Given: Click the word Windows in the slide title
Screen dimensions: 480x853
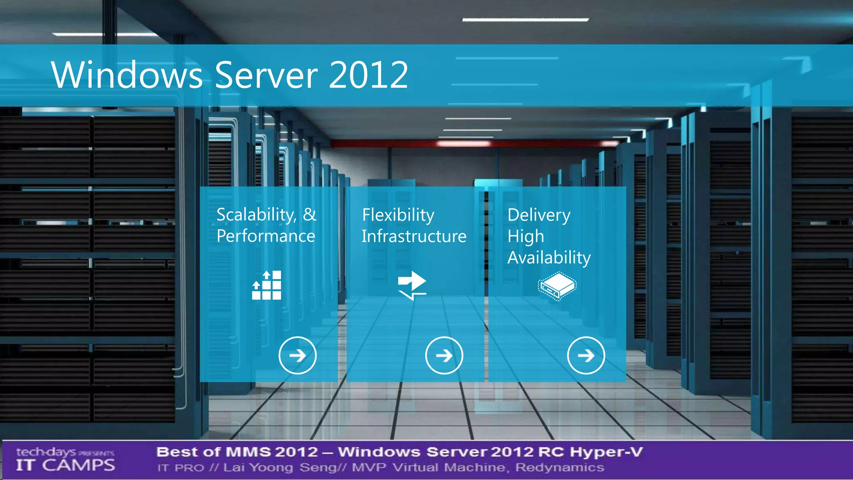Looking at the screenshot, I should (x=127, y=75).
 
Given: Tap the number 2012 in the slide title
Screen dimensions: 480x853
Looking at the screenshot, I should (x=368, y=75).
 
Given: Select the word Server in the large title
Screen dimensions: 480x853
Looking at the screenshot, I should (x=266, y=75).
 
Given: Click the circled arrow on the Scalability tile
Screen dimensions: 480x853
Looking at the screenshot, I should (x=297, y=355).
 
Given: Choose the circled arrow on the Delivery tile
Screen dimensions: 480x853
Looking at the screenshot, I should (x=586, y=355).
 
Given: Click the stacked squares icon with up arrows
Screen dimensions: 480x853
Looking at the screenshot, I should (x=267, y=285).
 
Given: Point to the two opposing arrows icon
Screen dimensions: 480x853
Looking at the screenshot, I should (x=412, y=285).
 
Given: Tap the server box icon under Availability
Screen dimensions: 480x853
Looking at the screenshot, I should (x=557, y=286).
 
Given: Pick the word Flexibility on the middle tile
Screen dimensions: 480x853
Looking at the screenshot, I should (x=398, y=215).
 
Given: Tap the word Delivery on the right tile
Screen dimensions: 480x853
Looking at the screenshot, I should (x=539, y=215).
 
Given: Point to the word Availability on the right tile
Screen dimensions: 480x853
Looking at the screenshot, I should (x=549, y=258).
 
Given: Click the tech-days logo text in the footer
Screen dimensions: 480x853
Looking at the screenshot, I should (x=46, y=452).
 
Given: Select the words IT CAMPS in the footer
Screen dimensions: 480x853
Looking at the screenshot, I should (x=65, y=465).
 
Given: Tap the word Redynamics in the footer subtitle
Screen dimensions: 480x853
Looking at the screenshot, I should (x=560, y=467).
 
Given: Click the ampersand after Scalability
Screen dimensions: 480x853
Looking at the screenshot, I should (x=309, y=215).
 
